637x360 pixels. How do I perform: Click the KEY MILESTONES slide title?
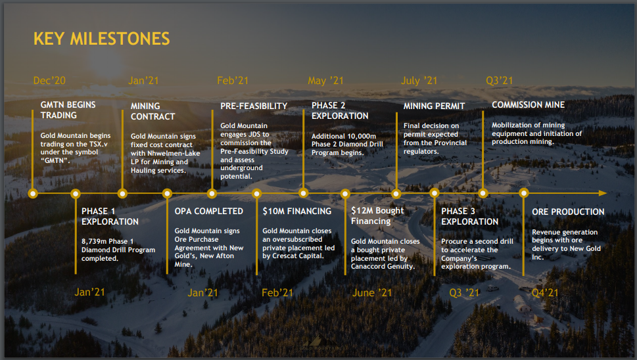click(101, 39)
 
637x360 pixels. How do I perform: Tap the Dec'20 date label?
click(49, 80)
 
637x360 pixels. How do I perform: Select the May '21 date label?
click(325, 81)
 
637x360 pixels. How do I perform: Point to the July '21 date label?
click(419, 81)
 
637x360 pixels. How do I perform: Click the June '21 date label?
click(372, 292)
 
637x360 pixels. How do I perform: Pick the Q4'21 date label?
click(545, 292)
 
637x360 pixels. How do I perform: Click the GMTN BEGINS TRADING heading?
click(68, 110)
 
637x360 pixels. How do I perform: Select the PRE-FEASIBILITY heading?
click(254, 106)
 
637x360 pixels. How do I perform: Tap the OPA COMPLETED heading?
click(209, 211)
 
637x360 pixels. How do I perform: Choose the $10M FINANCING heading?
click(297, 211)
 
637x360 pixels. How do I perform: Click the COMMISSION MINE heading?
click(528, 104)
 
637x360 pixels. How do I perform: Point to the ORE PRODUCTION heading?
click(568, 212)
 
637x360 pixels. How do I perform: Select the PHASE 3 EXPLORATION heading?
click(469, 216)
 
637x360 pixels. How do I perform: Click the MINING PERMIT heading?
click(434, 106)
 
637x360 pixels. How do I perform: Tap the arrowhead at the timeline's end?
click(603, 193)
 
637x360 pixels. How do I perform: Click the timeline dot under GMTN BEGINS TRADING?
click(33, 194)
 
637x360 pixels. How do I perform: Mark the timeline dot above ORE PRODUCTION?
click(524, 193)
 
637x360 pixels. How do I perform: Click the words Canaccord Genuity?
click(383, 267)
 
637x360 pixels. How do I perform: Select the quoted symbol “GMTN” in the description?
click(55, 160)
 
